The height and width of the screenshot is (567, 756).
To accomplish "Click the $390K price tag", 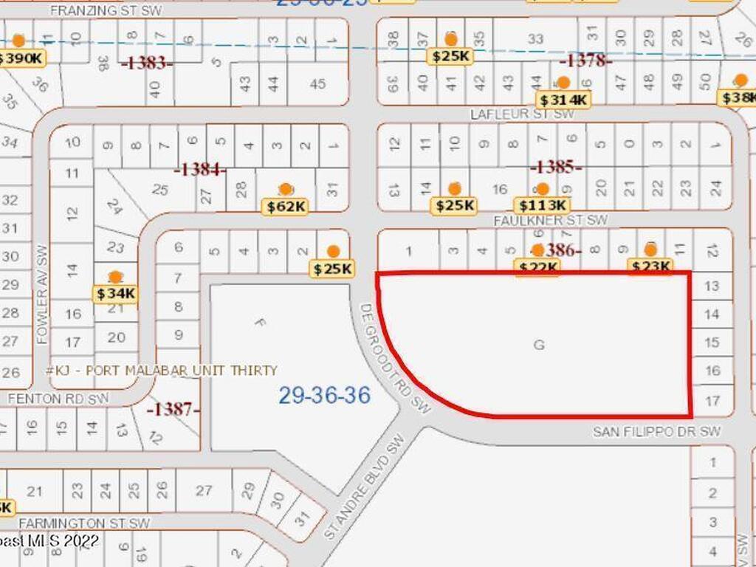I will point(20,58).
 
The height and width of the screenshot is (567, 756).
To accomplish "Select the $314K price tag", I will point(563,100).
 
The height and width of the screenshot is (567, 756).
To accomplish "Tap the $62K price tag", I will point(285,207).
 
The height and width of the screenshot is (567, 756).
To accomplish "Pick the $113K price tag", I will point(543,205).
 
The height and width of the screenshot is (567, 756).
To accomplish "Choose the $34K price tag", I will point(116,293).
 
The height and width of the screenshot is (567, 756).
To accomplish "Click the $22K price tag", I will point(537,267).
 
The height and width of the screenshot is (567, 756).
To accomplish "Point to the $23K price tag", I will point(650,267).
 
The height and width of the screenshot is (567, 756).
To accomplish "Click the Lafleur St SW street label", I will point(522,114).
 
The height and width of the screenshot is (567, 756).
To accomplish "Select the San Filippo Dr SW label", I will point(656,431).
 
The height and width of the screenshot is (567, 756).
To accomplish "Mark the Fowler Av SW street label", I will point(41,294).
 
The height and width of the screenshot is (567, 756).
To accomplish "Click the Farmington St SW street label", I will point(84,523).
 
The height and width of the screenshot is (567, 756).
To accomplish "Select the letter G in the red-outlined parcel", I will point(539,344).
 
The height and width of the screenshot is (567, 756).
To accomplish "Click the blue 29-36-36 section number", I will point(324,395).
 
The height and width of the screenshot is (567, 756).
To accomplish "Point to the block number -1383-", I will point(146,63).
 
